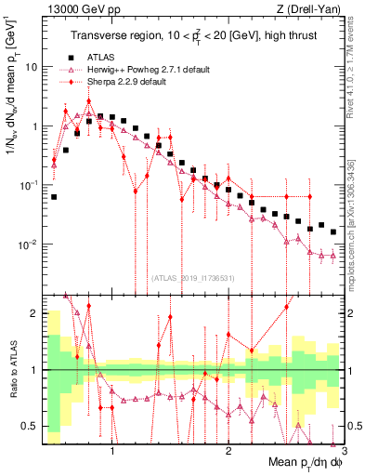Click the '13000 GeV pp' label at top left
pos(75,9)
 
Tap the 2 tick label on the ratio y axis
pos(34,313)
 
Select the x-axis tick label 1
pos(112,449)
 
